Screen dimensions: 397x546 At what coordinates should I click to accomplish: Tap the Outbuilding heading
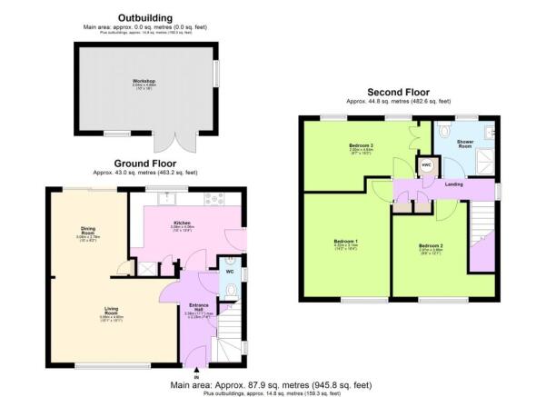click(x=144, y=17)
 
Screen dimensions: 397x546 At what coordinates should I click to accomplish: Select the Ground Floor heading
click(x=145, y=164)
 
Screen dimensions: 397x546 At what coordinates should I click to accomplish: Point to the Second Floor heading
click(x=398, y=93)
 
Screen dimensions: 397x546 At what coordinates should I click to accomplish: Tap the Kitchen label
click(x=183, y=222)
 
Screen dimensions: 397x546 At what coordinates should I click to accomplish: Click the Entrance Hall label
click(x=198, y=306)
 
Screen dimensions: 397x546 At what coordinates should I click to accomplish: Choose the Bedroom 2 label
click(x=430, y=246)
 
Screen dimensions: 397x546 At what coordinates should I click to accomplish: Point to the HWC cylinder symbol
click(x=425, y=165)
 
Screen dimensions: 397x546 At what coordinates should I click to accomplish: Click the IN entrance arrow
click(x=197, y=370)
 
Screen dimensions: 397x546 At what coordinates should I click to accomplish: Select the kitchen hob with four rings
click(x=214, y=199)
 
